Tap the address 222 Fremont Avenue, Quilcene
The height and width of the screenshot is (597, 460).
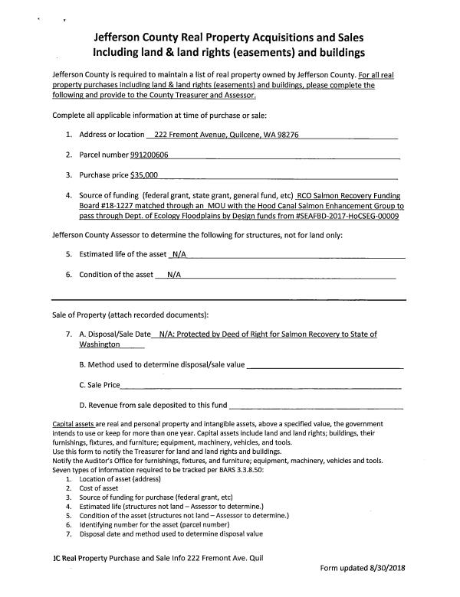pos(206,135)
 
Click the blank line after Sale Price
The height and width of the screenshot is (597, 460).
pos(261,385)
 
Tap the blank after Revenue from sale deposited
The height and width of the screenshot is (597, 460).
pos(315,406)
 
